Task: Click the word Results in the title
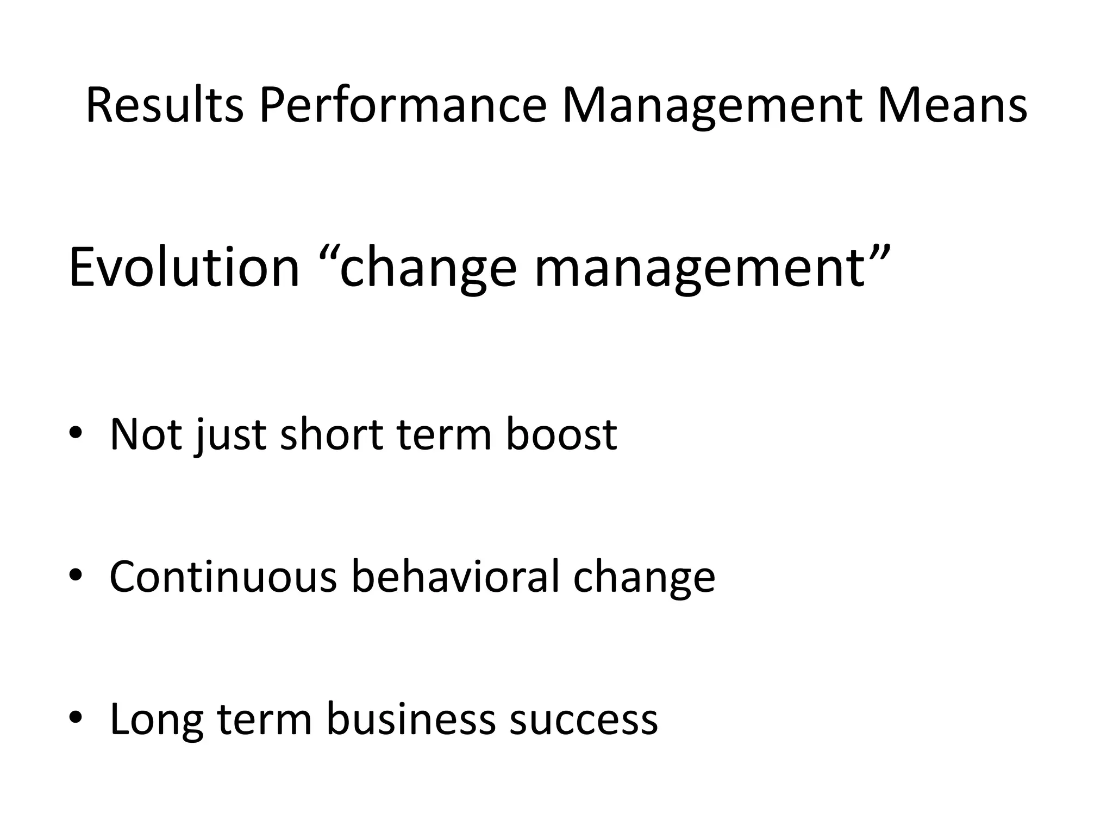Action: coord(165,106)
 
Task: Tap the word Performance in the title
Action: coord(403,106)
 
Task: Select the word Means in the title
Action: coord(952,106)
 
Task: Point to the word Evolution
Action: coord(184,268)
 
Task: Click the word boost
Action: coord(561,434)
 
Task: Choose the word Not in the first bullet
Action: coord(145,434)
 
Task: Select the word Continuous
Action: coord(223,577)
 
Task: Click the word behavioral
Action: coord(455,577)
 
